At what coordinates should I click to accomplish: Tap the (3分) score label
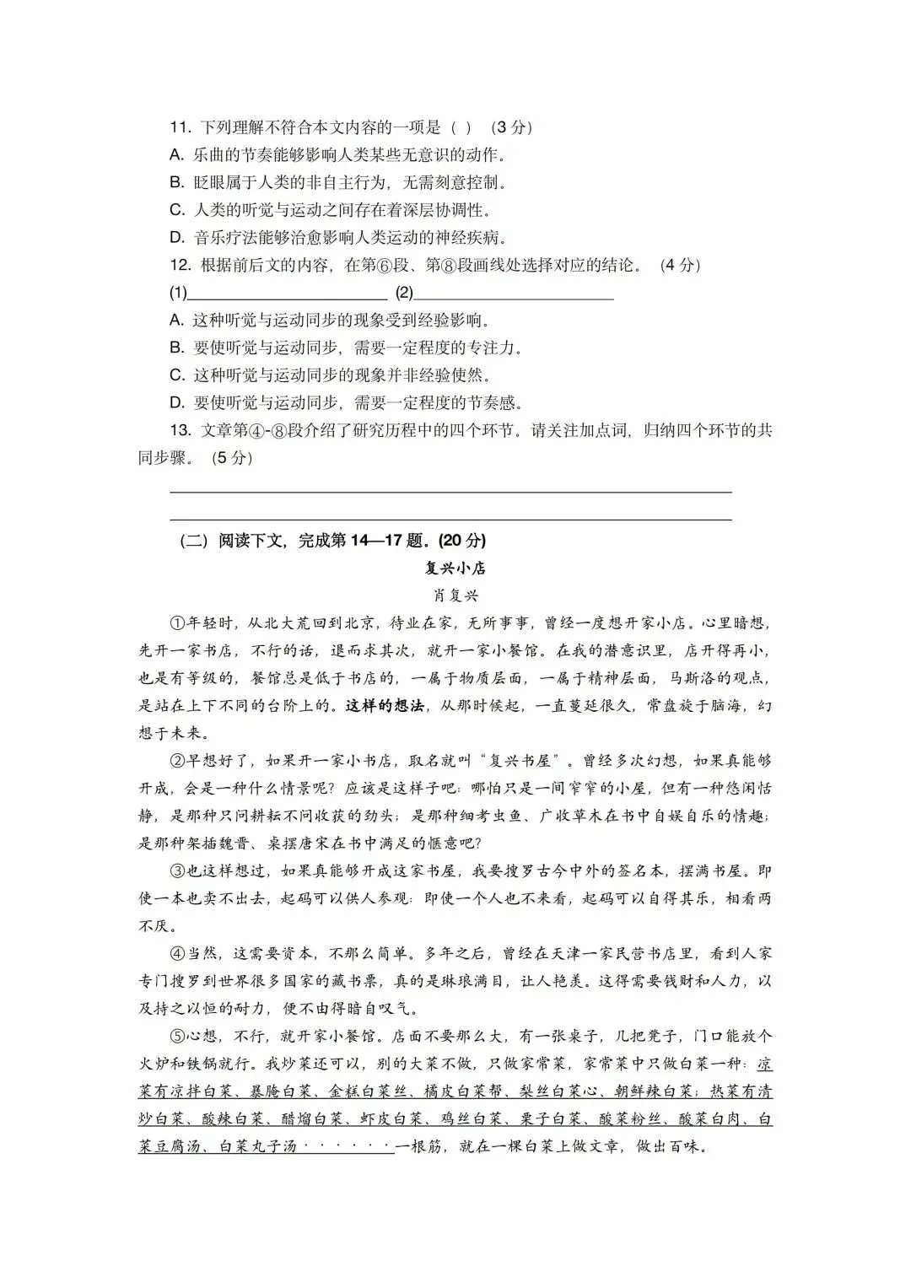click(x=510, y=127)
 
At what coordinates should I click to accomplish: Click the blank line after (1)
click(x=287, y=294)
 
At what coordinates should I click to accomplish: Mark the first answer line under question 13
click(x=450, y=491)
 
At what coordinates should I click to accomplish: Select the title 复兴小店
click(x=455, y=568)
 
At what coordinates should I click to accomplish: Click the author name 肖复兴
click(x=455, y=595)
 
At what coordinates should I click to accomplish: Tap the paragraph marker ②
click(x=177, y=761)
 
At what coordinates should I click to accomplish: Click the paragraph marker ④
click(x=177, y=954)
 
